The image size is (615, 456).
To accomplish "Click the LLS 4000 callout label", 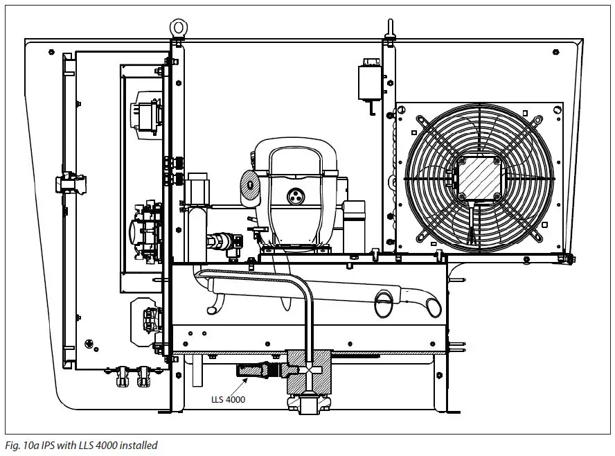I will [x=228, y=400].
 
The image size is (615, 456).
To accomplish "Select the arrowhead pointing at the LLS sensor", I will [x=238, y=379].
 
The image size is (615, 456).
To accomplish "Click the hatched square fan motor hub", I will [x=478, y=176].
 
